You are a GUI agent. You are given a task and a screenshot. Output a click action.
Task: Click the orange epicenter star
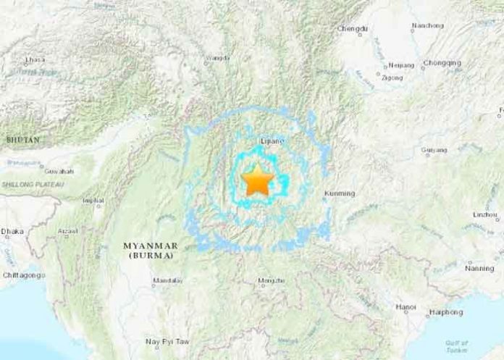(256, 180)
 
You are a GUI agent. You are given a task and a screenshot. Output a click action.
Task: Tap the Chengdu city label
(352, 29)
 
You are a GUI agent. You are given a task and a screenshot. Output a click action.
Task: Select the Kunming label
(340, 193)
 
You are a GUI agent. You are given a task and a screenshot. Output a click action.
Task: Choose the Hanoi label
(406, 307)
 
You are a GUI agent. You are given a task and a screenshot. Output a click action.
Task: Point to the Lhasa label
(34, 59)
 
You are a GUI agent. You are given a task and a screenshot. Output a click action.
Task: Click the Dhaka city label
(12, 232)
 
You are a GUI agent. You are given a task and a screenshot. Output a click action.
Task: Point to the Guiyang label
(434, 151)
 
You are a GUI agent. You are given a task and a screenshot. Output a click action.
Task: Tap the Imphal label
(94, 200)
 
